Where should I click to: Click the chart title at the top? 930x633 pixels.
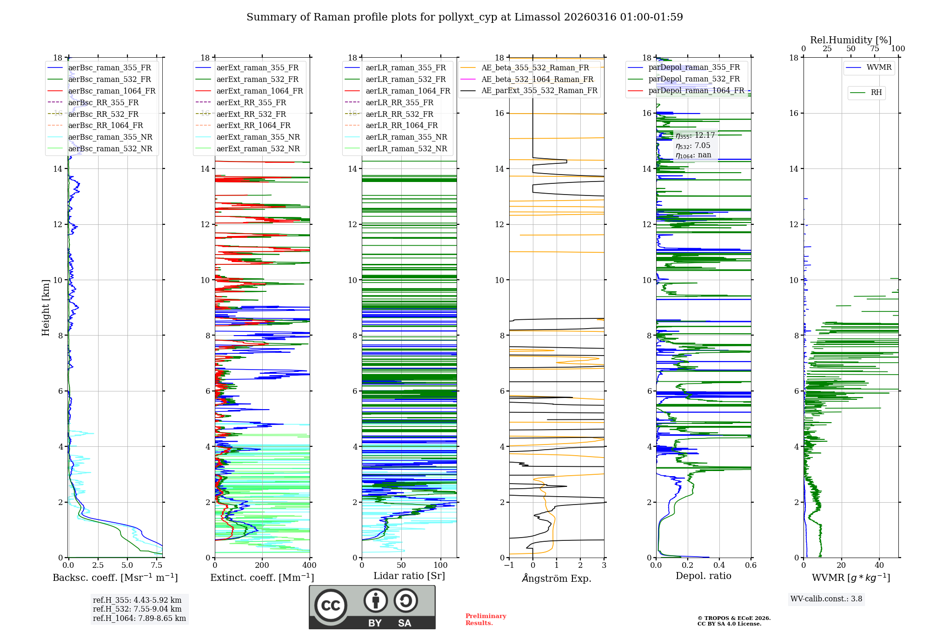[465, 17]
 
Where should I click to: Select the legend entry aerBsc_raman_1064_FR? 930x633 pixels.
[112, 91]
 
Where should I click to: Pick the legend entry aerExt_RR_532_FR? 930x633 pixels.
[251, 114]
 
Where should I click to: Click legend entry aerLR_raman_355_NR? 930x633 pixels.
[406, 137]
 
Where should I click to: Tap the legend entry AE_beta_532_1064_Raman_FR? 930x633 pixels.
[537, 79]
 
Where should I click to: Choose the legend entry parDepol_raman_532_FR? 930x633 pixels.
[694, 79]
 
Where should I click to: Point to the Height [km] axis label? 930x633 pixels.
[46, 308]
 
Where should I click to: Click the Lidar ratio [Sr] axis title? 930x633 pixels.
[409, 576]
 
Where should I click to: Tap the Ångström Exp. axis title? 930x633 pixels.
[557, 579]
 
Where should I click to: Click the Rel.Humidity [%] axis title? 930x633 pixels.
[850, 40]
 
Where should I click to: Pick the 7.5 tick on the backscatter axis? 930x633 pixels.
[157, 566]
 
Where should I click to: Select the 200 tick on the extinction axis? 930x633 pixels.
[262, 566]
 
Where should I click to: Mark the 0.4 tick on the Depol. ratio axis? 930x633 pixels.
[719, 566]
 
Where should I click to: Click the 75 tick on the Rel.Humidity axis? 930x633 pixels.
[875, 49]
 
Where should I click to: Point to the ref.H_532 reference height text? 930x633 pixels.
[137, 609]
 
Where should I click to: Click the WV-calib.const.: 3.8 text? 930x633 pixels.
[826, 599]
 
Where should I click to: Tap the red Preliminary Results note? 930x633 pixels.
[485, 620]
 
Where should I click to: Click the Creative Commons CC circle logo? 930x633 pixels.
[331, 606]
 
